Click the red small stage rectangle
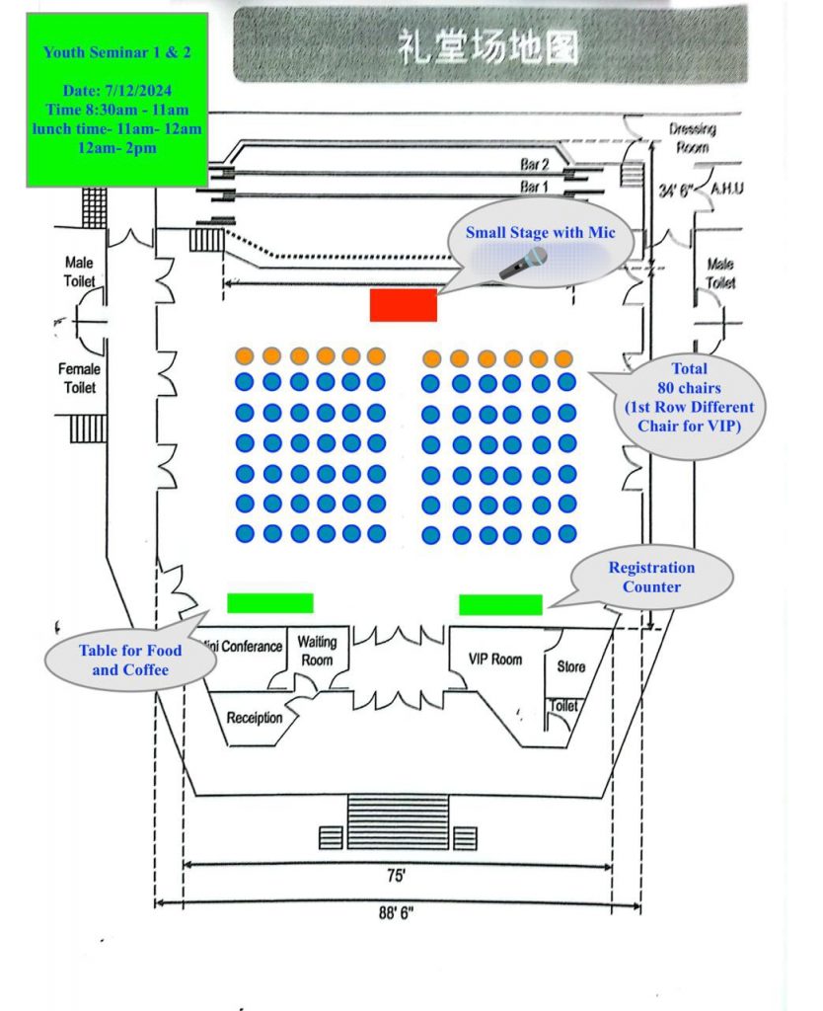[403, 305]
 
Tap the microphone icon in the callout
[523, 263]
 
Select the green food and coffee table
[269, 602]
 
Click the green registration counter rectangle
[500, 604]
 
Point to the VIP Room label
[494, 659]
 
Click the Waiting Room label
[317, 651]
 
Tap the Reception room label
[254, 718]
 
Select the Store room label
[570, 666]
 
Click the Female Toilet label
[80, 378]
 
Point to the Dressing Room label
[692, 137]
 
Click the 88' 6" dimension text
[396, 913]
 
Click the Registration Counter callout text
[650, 577]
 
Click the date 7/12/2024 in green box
[116, 91]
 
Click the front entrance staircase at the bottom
[398, 820]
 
